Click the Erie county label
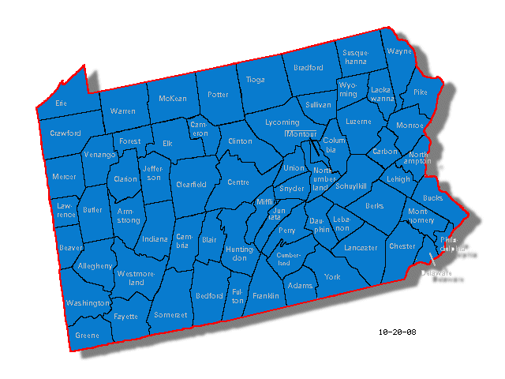tap(61, 103)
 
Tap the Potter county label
tap(218, 95)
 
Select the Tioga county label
tap(256, 80)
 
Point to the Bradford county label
tap(309, 68)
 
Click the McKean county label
tap(173, 99)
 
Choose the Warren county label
tap(122, 111)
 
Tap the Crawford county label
tap(65, 133)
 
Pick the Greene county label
tap(88, 335)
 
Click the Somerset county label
tap(171, 314)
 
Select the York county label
tap(332, 277)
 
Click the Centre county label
tap(238, 182)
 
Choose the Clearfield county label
tap(192, 184)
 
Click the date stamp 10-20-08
tap(396, 332)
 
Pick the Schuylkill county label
tap(352, 186)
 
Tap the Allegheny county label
tap(95, 266)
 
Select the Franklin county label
tap(266, 296)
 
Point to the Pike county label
tap(420, 92)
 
